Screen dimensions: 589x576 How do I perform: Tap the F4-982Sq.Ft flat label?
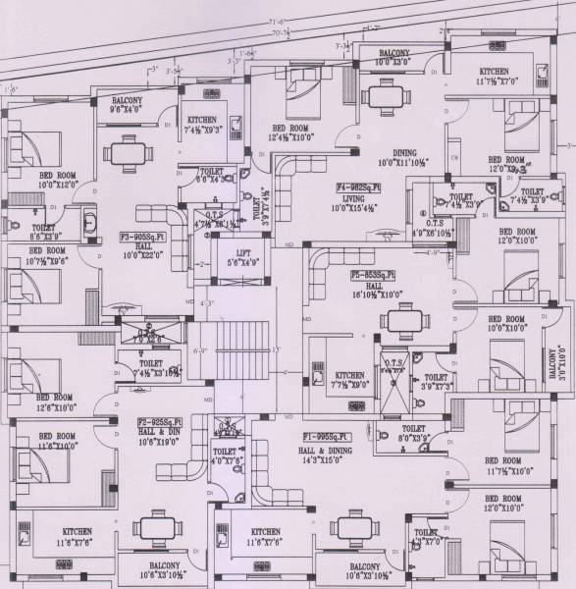[358, 186]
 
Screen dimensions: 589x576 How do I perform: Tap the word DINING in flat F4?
[404, 153]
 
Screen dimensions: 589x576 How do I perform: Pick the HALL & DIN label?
[157, 431]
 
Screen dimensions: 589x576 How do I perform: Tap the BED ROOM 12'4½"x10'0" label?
[291, 133]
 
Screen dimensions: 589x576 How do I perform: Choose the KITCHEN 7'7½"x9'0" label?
[350, 380]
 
